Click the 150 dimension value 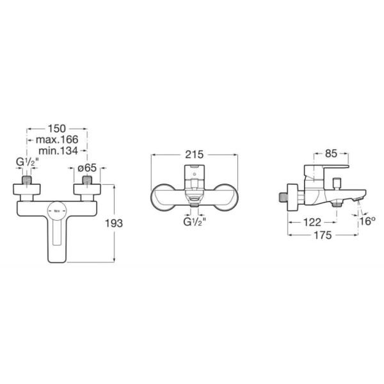pyautogui.click(x=57, y=129)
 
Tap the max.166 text pyautogui.click(x=57, y=140)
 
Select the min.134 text pyautogui.click(x=58, y=150)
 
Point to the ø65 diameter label pyautogui.click(x=87, y=168)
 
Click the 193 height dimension pyautogui.click(x=114, y=223)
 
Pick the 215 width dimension pyautogui.click(x=194, y=154)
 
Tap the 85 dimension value pyautogui.click(x=331, y=154)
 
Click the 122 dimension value pyautogui.click(x=312, y=222)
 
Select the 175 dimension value pyautogui.click(x=323, y=235)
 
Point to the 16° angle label pyautogui.click(x=367, y=221)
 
